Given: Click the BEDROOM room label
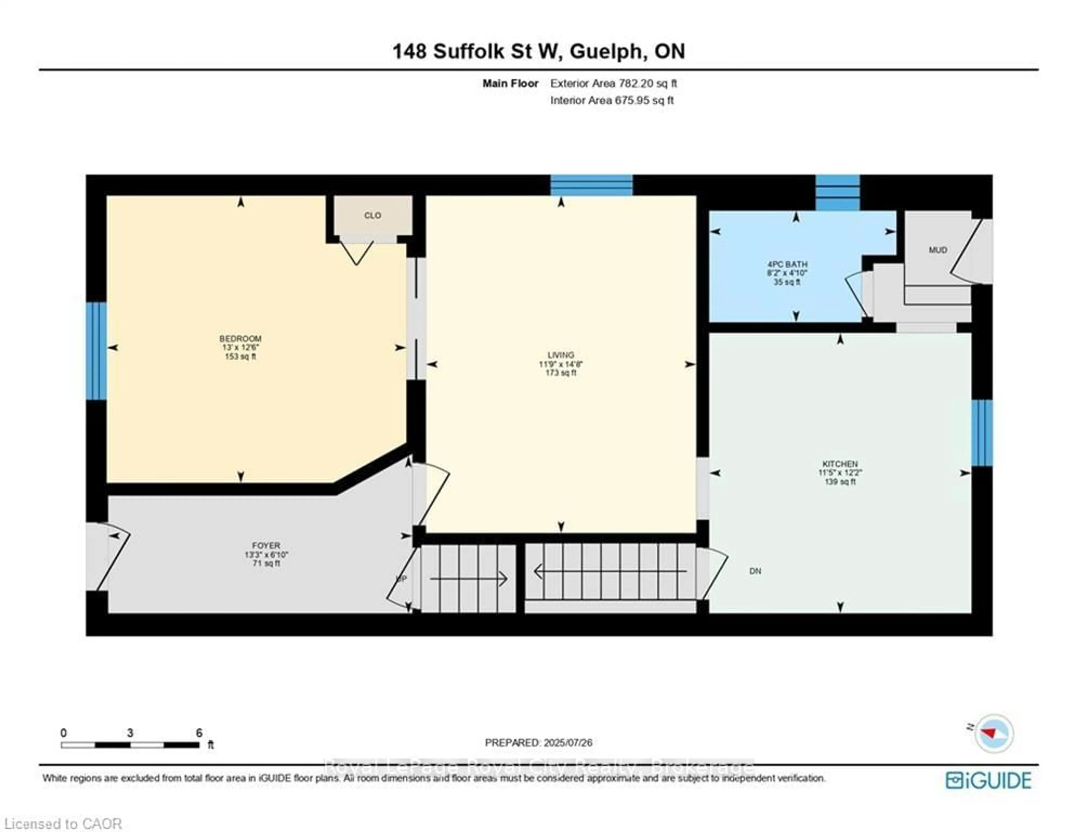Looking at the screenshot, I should (240, 339).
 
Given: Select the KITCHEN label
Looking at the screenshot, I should (840, 464).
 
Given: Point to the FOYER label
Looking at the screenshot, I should (266, 545).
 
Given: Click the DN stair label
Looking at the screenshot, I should (755, 571).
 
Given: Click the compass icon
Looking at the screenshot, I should (994, 733).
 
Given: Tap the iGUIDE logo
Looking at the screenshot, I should (988, 780).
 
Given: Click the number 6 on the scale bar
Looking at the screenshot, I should (199, 733).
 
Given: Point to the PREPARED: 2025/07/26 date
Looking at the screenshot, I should (538, 742).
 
